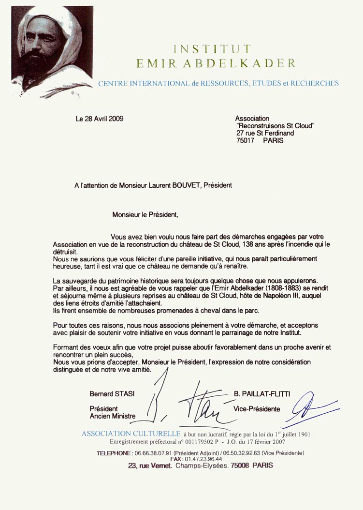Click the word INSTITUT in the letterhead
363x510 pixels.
coord(212,49)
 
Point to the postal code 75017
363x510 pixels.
coord(245,141)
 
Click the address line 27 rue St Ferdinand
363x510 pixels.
coord(265,133)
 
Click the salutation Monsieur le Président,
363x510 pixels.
coord(145,213)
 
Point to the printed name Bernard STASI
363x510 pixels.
coord(112,394)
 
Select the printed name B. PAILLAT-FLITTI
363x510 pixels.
coord(262,394)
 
